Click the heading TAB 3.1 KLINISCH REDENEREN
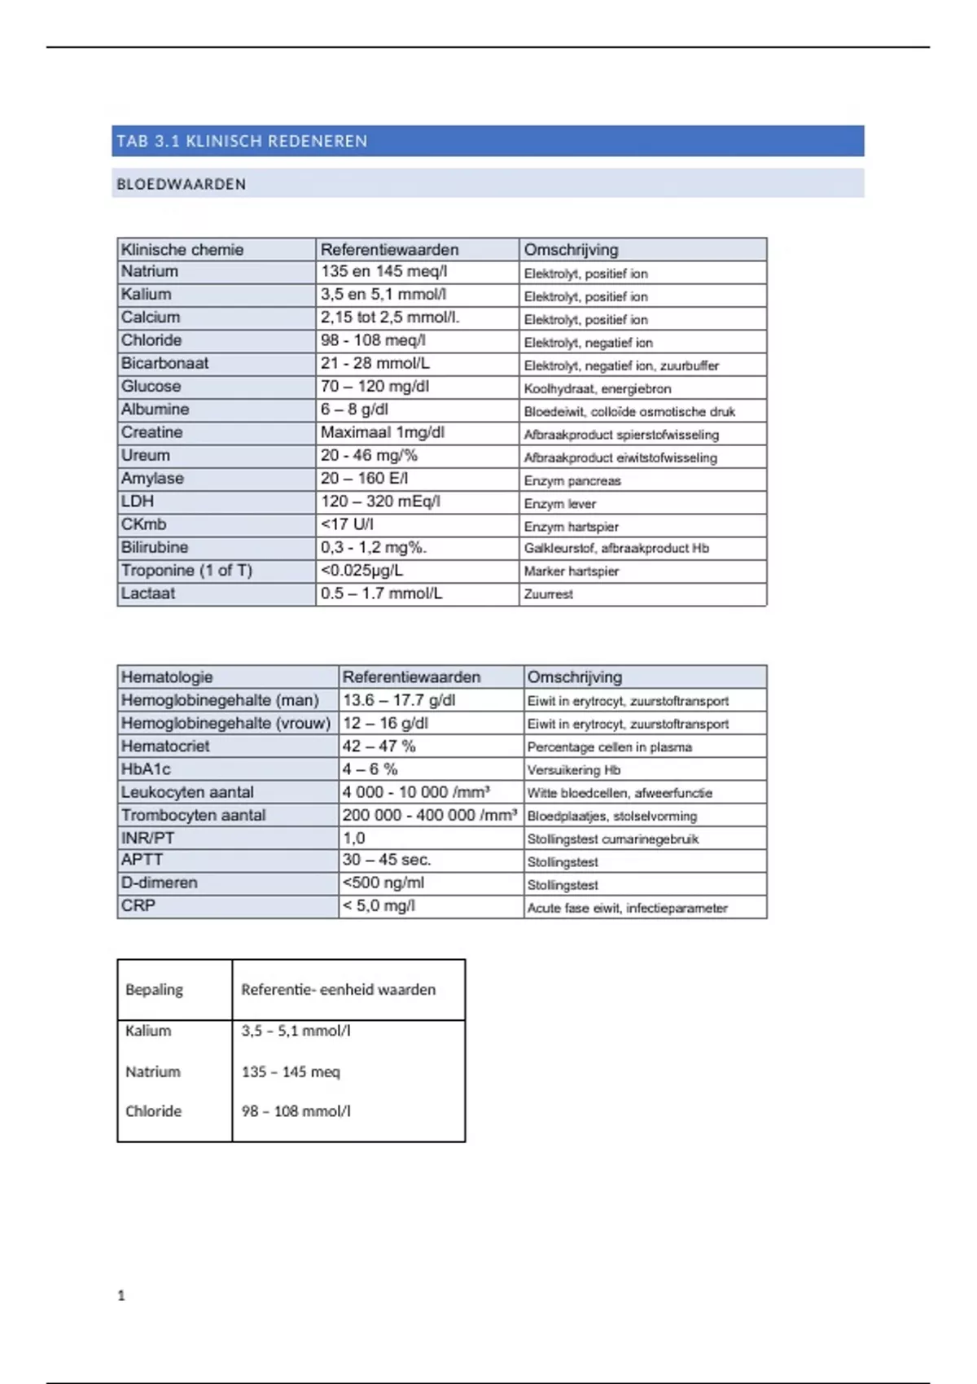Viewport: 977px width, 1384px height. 242,141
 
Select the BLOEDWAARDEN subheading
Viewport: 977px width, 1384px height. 181,184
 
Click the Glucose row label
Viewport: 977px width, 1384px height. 151,387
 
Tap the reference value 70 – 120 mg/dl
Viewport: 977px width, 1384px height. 375,387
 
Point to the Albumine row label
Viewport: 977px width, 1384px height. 155,410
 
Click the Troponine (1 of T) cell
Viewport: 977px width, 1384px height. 186,571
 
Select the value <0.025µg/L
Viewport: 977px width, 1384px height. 361,571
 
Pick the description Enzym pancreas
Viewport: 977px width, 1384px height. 572,481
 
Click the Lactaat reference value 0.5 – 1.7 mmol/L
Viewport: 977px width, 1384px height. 381,593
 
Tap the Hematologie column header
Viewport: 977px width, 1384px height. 167,677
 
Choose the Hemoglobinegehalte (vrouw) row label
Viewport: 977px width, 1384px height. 226,723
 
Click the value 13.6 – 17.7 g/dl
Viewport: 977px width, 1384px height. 399,700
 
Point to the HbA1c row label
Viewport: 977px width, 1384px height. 146,769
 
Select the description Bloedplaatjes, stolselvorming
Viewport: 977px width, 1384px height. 612,816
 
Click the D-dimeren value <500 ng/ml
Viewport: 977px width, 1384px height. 383,883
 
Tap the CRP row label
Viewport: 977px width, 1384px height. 138,906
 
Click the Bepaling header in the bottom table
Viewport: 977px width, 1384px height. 154,990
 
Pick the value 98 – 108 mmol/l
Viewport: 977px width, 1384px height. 296,1111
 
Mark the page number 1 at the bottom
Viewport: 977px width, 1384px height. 121,1295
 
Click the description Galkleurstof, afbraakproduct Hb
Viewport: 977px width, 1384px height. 616,549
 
